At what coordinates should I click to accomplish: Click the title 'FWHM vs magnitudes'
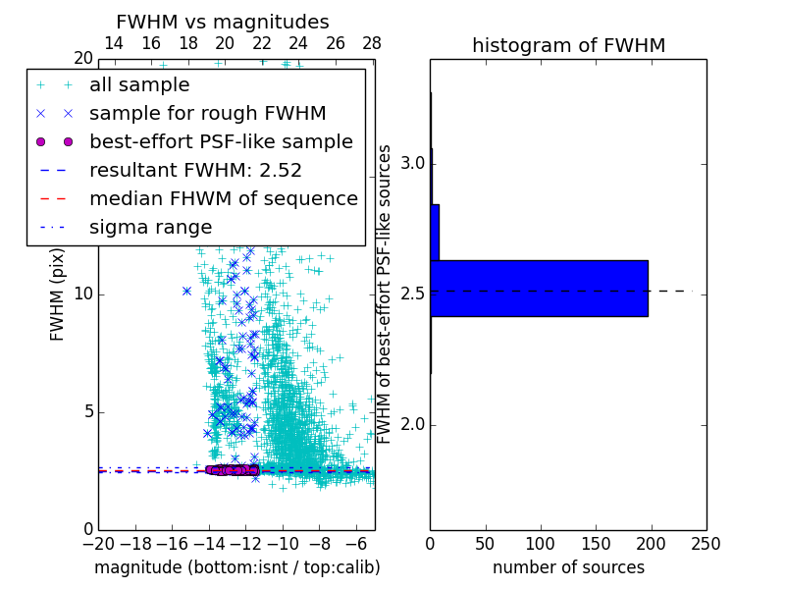click(x=223, y=22)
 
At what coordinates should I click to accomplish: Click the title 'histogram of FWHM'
click(x=568, y=45)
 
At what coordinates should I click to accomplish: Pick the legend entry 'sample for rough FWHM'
click(x=207, y=114)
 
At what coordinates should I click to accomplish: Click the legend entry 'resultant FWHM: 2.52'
click(x=195, y=171)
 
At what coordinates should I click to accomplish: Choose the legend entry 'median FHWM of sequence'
click(x=223, y=199)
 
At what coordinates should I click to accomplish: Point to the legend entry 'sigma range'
click(x=150, y=228)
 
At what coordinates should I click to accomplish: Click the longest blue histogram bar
click(x=539, y=289)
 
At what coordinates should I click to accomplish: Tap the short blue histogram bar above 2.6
click(x=435, y=232)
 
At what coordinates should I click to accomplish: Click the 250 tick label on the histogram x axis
click(x=706, y=542)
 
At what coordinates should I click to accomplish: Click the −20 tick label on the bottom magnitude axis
click(x=97, y=542)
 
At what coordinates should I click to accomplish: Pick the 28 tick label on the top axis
click(x=372, y=43)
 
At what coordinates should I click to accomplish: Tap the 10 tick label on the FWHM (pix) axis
click(x=82, y=294)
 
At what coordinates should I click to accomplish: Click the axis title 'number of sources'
click(x=568, y=567)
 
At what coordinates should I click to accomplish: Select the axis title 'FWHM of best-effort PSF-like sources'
click(x=386, y=294)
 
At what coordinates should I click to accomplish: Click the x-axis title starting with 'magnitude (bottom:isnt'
click(x=236, y=567)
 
